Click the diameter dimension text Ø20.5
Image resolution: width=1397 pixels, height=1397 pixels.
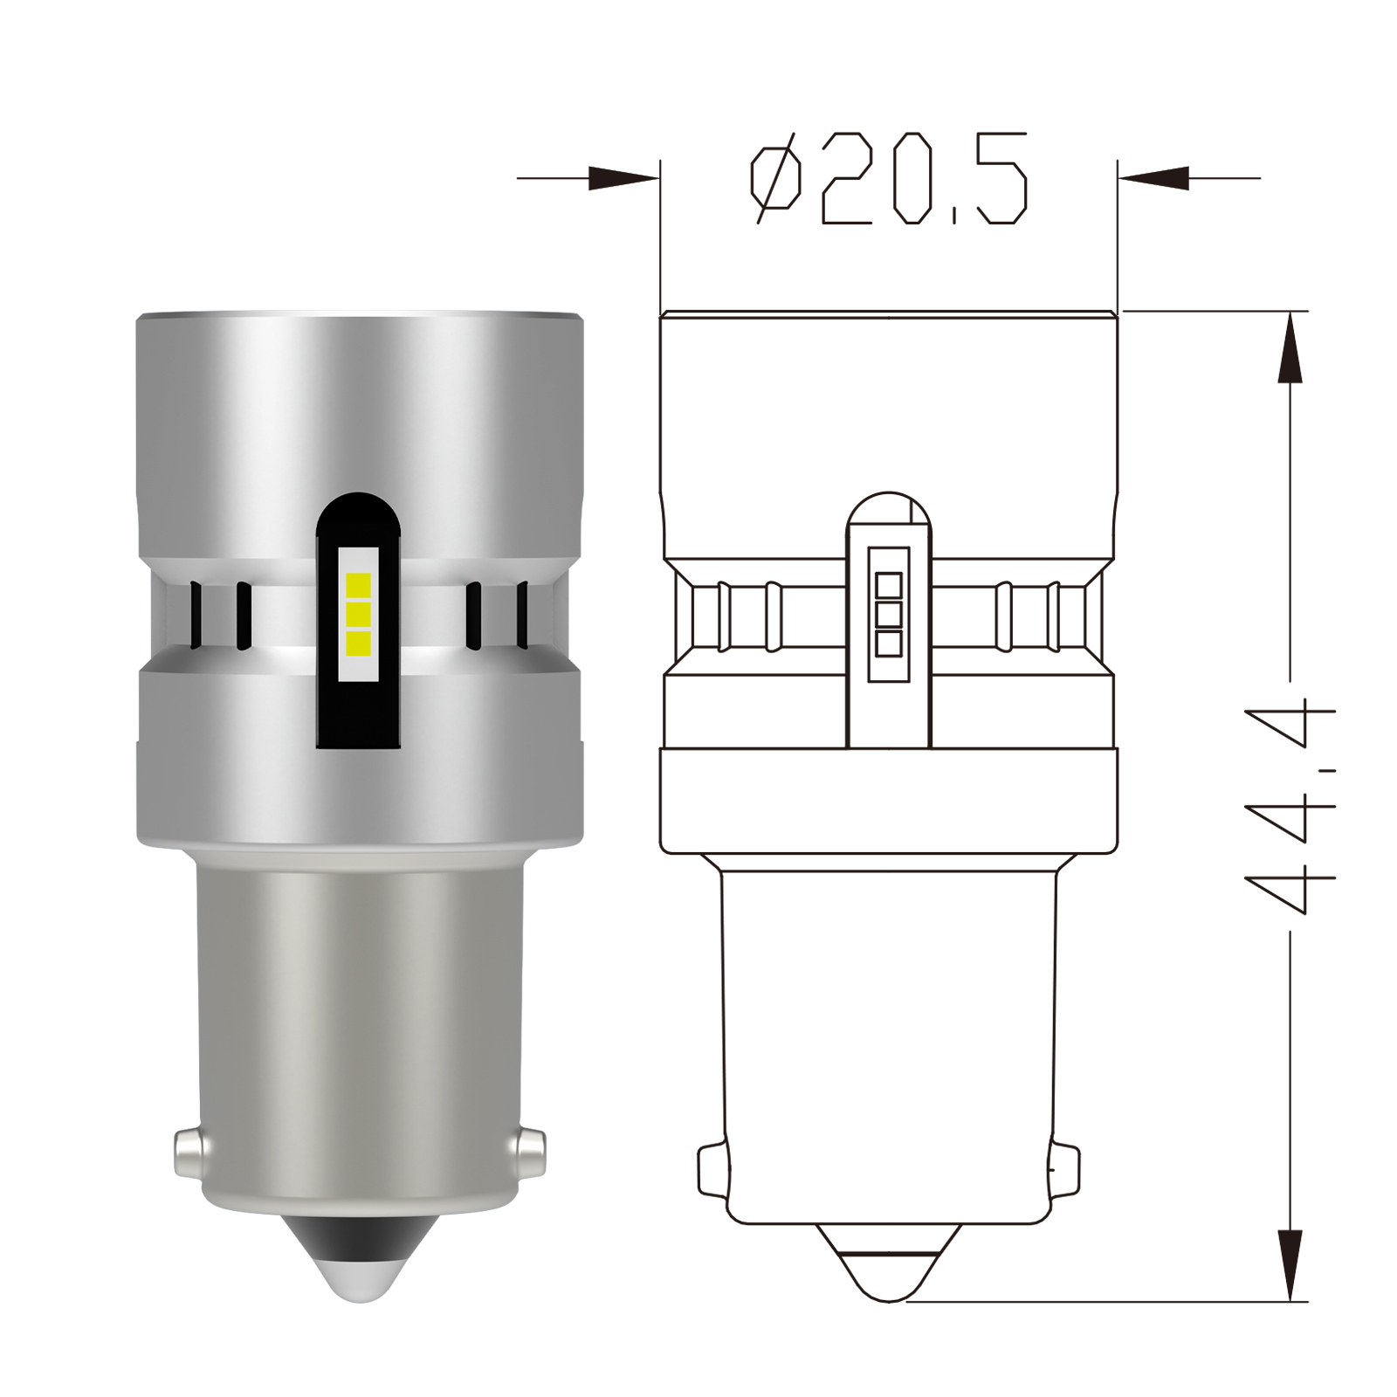click(888, 179)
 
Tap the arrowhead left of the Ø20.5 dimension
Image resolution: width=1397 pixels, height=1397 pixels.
click(622, 179)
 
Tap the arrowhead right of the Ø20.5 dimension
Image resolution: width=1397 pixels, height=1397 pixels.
click(1154, 179)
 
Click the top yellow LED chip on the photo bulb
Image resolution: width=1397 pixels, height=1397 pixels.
click(359, 583)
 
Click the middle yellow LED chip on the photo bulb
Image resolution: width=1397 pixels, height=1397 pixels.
click(359, 615)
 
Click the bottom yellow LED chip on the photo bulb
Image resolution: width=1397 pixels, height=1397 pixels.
click(359, 644)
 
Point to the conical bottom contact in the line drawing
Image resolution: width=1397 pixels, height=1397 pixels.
click(888, 1270)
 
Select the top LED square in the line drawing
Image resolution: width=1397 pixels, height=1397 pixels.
click(888, 584)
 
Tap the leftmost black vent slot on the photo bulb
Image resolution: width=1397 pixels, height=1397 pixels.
click(197, 616)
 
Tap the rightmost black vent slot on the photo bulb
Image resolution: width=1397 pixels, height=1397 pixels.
click(523, 616)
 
